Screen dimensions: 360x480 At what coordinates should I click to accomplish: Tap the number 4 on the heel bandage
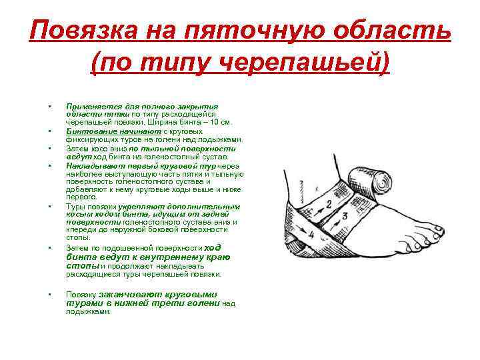coord(309,235)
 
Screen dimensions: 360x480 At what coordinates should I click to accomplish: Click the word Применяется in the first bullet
coord(89,106)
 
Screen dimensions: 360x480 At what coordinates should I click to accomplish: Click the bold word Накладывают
coord(89,165)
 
